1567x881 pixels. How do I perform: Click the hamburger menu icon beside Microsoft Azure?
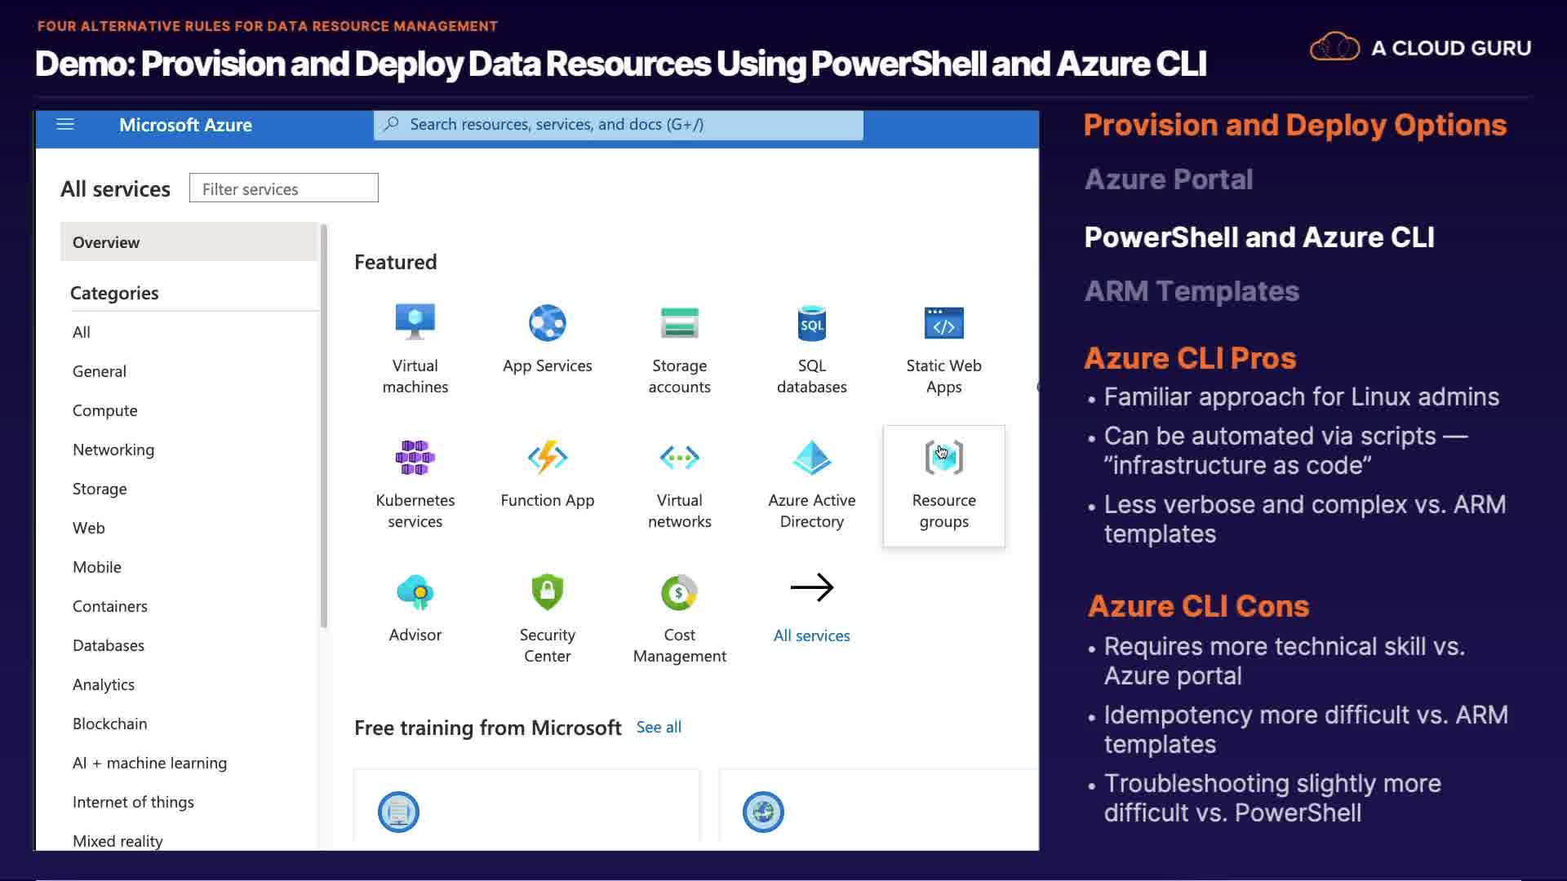65,124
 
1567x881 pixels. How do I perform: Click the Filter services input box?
284,188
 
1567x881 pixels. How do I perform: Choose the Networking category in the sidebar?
113,449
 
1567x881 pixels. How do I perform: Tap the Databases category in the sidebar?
109,645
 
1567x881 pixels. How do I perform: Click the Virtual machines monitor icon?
415,322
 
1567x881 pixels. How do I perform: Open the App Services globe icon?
548,322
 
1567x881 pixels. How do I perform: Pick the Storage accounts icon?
680,322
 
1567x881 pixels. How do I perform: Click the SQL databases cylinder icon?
812,323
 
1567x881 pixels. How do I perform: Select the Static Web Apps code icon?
944,323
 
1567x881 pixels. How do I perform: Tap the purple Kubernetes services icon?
415,458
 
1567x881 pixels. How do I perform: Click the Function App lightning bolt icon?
548,458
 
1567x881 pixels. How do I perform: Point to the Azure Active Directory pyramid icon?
812,457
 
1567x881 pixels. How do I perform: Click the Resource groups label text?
944,511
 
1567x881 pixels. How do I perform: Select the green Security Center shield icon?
548,591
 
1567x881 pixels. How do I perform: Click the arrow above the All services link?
812,587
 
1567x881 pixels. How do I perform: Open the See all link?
659,727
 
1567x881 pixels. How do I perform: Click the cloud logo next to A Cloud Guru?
1334,46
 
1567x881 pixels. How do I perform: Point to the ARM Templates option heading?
1192,291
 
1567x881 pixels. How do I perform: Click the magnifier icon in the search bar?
392,124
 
